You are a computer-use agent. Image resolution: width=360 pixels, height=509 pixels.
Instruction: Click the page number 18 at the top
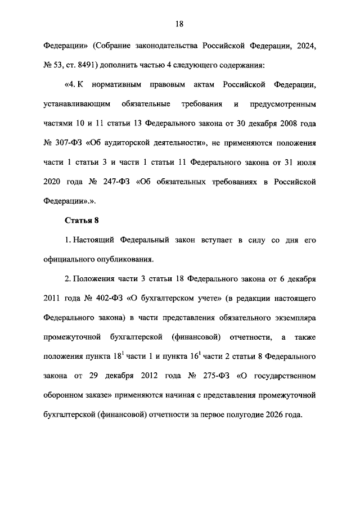(180, 24)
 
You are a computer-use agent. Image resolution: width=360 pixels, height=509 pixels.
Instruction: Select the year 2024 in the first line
(306, 45)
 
